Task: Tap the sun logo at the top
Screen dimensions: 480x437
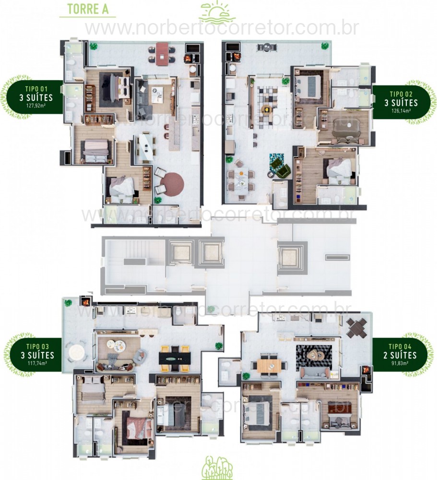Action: pos(218,12)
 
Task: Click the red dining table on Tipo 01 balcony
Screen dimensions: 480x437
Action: pos(162,53)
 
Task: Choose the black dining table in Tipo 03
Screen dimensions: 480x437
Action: pos(174,358)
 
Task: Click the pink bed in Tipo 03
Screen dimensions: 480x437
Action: pos(137,426)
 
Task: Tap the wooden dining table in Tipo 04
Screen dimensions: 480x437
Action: pos(269,366)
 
